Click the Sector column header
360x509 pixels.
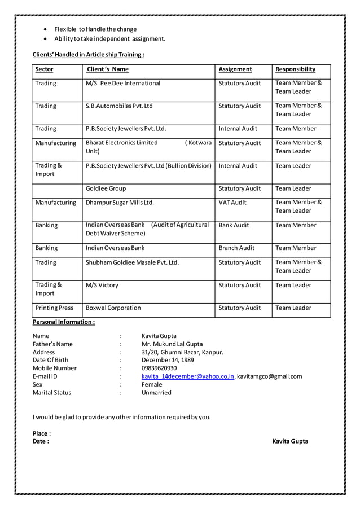click(x=44, y=69)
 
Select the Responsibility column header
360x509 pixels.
click(x=295, y=69)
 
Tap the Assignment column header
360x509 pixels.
click(x=235, y=69)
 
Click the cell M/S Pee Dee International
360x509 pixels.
click(x=123, y=84)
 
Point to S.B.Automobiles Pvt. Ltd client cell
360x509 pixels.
click(x=119, y=106)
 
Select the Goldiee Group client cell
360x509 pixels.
click(x=106, y=188)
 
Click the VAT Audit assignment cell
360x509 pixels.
click(x=232, y=203)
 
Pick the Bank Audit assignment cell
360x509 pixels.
click(x=234, y=225)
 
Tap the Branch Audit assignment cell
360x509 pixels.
click(x=236, y=248)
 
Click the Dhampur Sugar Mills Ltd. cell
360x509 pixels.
click(x=120, y=203)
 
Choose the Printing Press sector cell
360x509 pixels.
click(x=54, y=308)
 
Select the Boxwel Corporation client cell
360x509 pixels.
click(x=113, y=308)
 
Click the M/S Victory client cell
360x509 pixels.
click(x=102, y=286)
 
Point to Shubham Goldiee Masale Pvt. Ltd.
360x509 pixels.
click(x=132, y=262)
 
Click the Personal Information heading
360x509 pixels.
click(x=64, y=322)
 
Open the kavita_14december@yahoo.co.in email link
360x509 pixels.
click(x=188, y=376)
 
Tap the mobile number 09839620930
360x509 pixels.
click(x=159, y=368)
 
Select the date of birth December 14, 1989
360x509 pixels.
click(x=168, y=360)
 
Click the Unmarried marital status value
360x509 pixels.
click(x=156, y=393)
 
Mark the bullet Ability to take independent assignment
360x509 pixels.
click(x=109, y=39)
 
